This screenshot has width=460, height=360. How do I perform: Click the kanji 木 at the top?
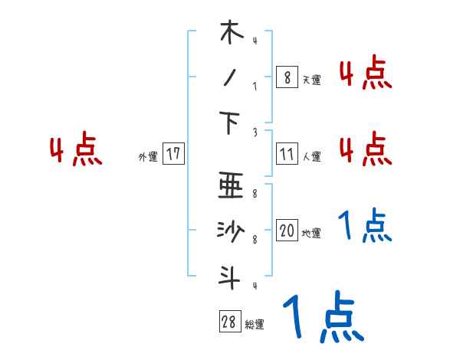tap(230, 33)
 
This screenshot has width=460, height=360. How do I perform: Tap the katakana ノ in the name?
tap(229, 78)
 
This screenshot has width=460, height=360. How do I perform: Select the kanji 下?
tap(230, 123)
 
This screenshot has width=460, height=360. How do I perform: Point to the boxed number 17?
tap(173, 154)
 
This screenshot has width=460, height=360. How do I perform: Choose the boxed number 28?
tap(229, 322)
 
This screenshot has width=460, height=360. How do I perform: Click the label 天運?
tap(311, 79)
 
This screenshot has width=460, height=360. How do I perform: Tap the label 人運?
tap(311, 156)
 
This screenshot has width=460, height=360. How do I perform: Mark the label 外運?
tap(147, 156)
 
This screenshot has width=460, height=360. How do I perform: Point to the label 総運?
tap(254, 325)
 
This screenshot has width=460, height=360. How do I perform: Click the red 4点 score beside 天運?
tap(365, 74)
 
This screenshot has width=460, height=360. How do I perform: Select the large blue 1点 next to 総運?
tap(323, 316)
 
